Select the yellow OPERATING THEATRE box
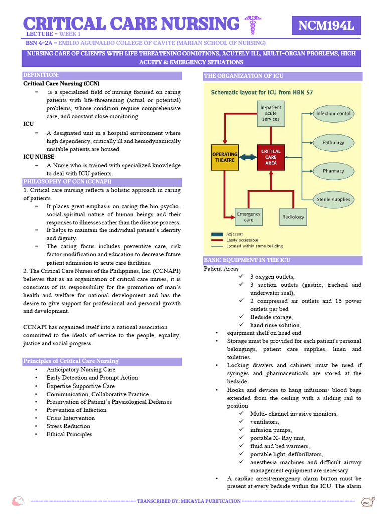(x=224, y=157)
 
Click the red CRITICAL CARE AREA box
(x=271, y=157)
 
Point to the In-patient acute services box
(x=271, y=112)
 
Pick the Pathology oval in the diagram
(x=333, y=143)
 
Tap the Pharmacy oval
(x=333, y=171)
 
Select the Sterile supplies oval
(x=333, y=200)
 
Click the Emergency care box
(x=249, y=217)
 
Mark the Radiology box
(x=293, y=217)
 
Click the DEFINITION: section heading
(x=41, y=75)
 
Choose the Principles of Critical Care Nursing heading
(x=71, y=361)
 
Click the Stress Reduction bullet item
(x=68, y=426)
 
